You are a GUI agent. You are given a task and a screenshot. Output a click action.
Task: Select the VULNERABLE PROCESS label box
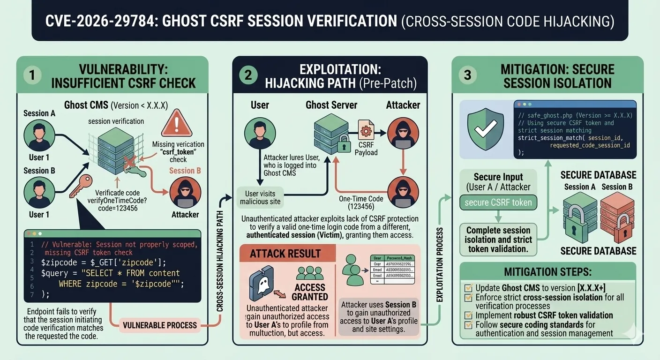pos(159,325)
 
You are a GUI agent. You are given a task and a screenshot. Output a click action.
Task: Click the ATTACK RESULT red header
pos(285,254)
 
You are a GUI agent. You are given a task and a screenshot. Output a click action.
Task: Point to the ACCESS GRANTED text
pos(310,292)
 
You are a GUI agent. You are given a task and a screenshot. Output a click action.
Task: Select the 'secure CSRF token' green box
pos(498,202)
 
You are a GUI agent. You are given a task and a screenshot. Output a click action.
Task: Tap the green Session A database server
pos(580,218)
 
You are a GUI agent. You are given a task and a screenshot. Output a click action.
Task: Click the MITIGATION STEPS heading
pos(547,272)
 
